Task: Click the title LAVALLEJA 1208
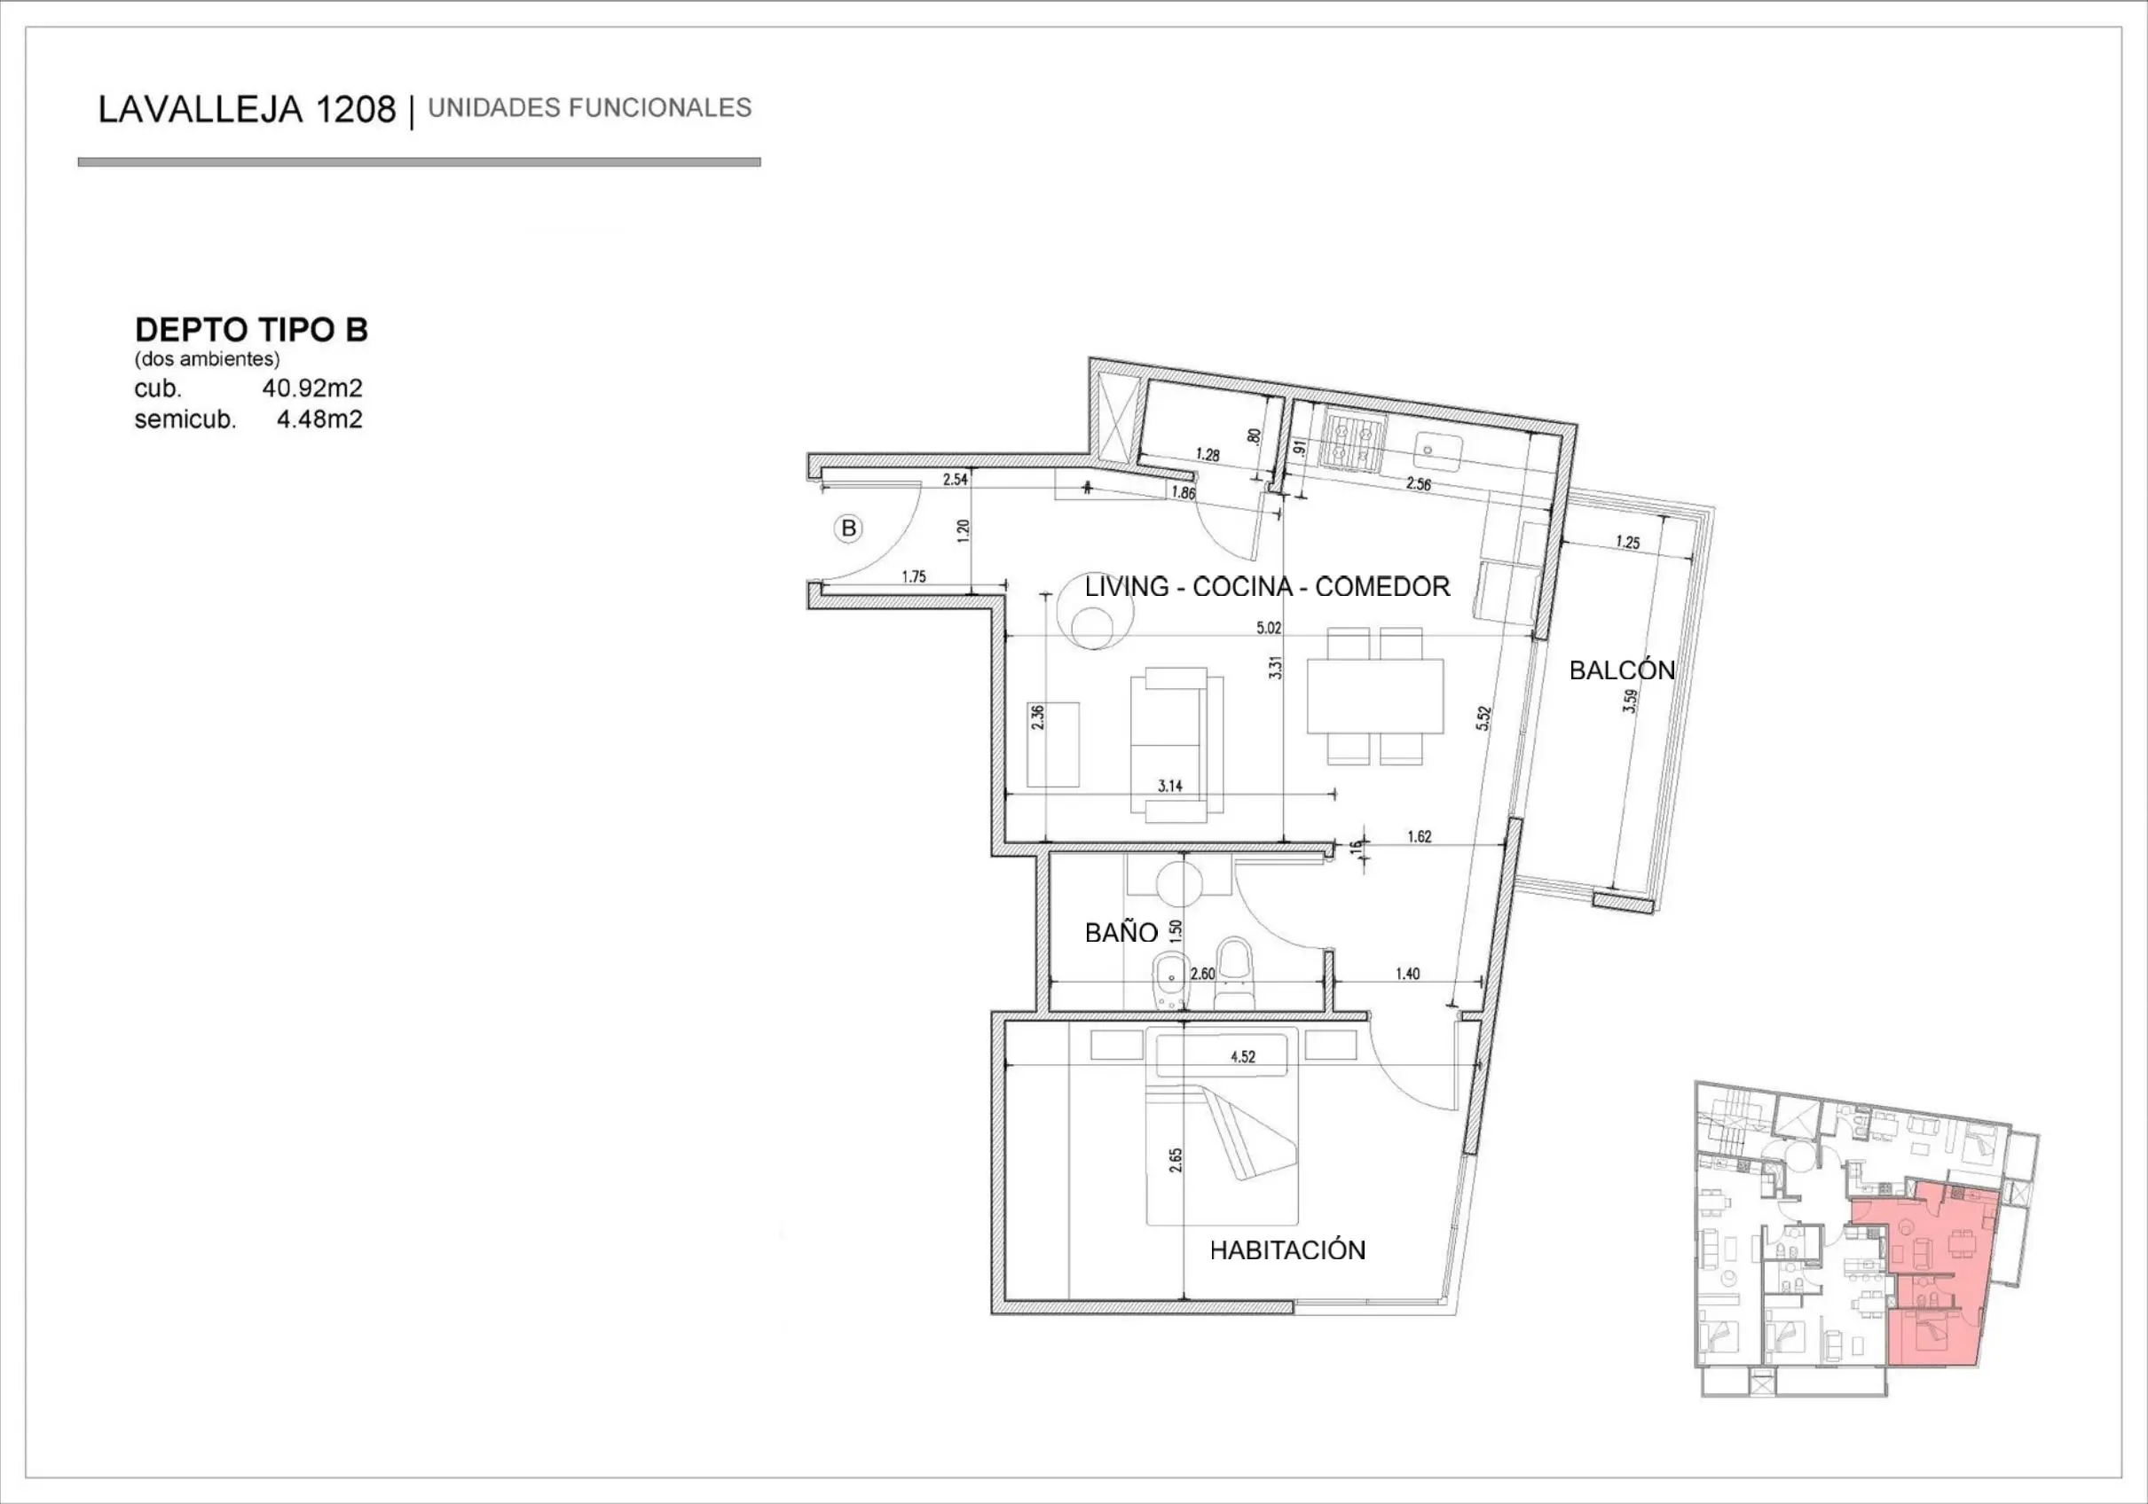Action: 247,109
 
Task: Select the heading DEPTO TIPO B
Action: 252,329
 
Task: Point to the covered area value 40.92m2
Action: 311,388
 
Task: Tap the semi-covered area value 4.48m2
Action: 319,419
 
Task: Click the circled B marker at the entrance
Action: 848,529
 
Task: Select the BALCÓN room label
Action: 1621,670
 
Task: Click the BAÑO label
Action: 1121,933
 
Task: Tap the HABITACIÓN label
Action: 1287,1250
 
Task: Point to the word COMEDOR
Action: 1381,586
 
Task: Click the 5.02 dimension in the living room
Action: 1269,628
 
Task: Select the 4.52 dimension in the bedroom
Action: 1242,1057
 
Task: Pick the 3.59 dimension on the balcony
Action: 1631,701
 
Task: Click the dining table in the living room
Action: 1374,696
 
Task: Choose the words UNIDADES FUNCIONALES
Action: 589,108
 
